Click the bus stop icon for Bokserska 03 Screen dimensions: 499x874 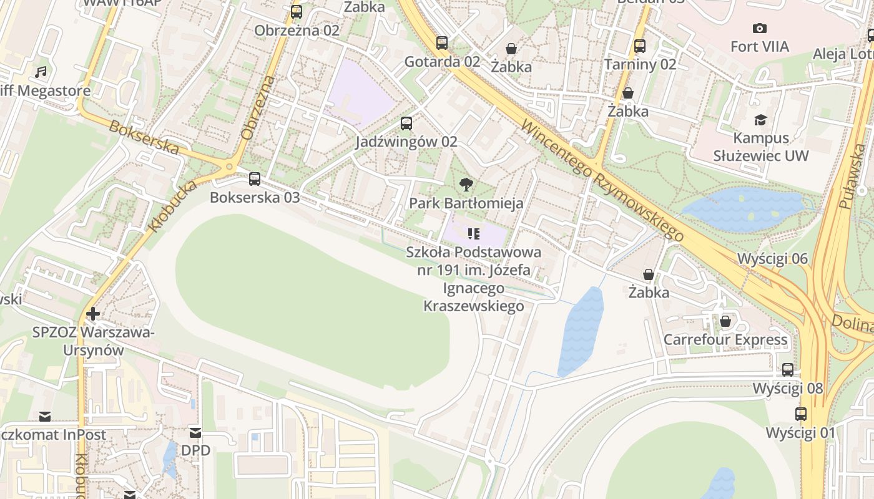(x=255, y=179)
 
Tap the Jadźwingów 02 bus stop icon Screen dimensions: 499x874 (x=406, y=124)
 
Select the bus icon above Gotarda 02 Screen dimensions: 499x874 (x=442, y=43)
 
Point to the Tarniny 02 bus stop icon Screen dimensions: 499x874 (x=640, y=46)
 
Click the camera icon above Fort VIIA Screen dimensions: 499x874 (x=760, y=28)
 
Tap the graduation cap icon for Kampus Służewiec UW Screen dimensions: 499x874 (x=760, y=120)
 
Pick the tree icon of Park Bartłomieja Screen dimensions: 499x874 (x=466, y=185)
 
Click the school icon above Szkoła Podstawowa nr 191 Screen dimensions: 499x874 (x=473, y=234)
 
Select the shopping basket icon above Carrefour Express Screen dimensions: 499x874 (x=725, y=321)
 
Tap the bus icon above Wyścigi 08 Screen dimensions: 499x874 (x=788, y=370)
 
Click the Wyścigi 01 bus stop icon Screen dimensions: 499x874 (x=801, y=414)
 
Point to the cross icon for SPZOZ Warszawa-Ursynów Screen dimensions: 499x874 (x=93, y=313)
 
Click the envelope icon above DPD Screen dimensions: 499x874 (x=195, y=432)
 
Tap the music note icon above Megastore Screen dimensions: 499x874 (x=41, y=72)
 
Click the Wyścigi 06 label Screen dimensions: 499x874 (x=772, y=258)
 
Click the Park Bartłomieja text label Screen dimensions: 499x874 (x=466, y=203)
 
